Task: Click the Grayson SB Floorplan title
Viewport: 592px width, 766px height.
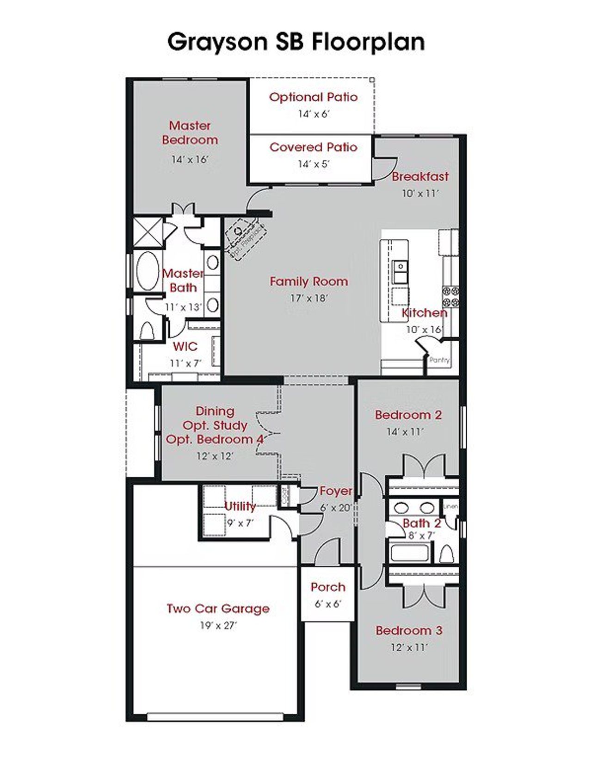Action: point(296,42)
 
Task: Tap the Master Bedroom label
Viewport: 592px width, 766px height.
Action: point(190,132)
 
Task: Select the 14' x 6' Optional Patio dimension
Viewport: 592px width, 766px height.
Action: point(314,114)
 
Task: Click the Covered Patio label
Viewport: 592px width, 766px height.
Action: point(314,147)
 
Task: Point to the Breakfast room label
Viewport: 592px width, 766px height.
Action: point(420,176)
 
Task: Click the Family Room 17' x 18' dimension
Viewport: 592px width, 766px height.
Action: point(309,299)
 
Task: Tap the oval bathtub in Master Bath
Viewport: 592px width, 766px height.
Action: point(148,271)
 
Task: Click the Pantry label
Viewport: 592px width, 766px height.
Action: point(439,360)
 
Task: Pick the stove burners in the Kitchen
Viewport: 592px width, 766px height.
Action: point(451,297)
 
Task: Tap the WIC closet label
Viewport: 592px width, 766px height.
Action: point(185,347)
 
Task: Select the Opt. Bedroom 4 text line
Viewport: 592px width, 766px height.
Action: point(215,439)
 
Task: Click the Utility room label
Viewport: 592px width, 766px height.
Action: point(240,506)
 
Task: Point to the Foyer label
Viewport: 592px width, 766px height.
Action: point(336,491)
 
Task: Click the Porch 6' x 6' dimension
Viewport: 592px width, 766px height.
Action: point(328,604)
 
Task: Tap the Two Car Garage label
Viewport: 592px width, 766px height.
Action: point(218,609)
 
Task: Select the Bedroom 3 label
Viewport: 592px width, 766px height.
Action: point(409,630)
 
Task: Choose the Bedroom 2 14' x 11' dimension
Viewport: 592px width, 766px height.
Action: point(405,432)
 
